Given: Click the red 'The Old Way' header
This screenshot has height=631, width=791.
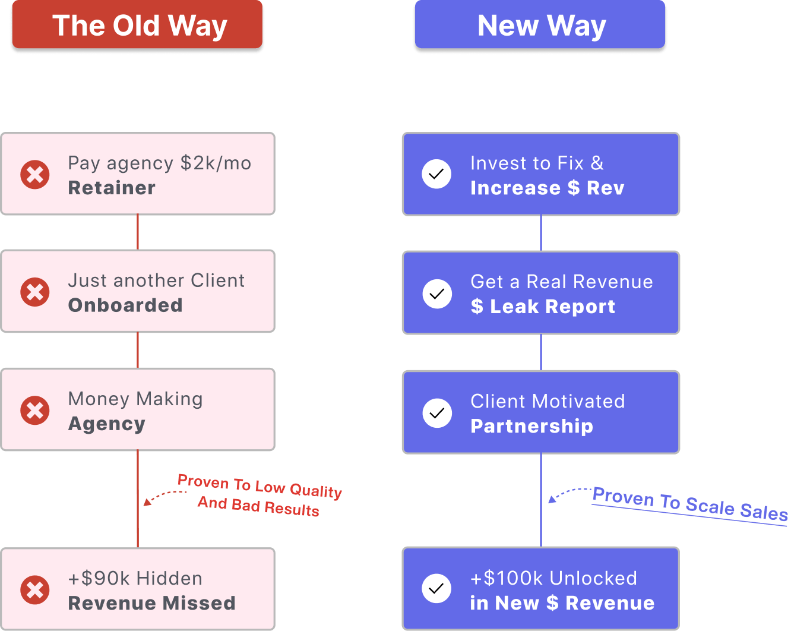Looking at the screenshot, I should click(x=137, y=26).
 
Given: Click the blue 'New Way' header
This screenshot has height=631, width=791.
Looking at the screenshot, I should click(x=540, y=26).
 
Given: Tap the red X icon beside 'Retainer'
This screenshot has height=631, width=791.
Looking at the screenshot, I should click(x=35, y=175).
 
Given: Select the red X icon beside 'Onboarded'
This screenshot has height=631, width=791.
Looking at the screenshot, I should click(x=35, y=292).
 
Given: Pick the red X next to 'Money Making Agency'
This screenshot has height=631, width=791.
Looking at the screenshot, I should click(x=35, y=411).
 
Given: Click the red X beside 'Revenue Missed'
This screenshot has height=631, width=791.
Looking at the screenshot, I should click(x=35, y=589).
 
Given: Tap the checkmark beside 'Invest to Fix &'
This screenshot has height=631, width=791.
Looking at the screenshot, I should click(x=436, y=174).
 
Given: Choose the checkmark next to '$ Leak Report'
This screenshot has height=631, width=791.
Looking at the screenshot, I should click(x=437, y=294).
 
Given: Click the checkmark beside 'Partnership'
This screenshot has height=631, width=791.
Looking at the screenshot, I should click(x=437, y=413).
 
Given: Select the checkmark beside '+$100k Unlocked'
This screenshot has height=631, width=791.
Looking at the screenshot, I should click(x=436, y=588).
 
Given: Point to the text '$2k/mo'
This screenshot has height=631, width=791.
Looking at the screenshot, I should click(x=216, y=163).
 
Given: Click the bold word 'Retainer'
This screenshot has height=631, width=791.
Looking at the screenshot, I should click(x=112, y=188).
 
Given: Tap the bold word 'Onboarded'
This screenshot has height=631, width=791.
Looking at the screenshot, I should click(x=125, y=305).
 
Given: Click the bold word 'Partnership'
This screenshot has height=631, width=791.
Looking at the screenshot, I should click(x=531, y=426).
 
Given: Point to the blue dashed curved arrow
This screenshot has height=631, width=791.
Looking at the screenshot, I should click(x=567, y=493).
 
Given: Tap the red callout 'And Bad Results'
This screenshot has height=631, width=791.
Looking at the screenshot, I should click(x=258, y=506).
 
